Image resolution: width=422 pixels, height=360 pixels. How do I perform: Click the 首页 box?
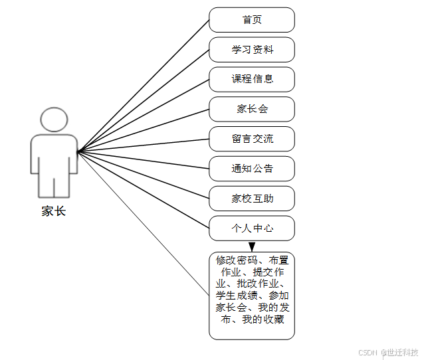(x=252, y=20)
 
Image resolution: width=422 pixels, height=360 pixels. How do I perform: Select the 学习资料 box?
(x=252, y=50)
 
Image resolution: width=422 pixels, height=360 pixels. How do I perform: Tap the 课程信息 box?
(x=252, y=79)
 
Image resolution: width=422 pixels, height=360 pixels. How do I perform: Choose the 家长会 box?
(x=252, y=109)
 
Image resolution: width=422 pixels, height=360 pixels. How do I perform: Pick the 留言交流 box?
(x=252, y=139)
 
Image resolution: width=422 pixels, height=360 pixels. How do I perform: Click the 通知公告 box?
(x=252, y=169)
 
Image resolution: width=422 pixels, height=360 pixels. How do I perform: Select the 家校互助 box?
(x=252, y=198)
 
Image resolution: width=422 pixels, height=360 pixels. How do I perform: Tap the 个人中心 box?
(x=252, y=228)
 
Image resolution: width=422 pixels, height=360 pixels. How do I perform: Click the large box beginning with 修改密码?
(x=252, y=296)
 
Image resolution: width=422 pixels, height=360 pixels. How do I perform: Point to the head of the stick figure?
(x=54, y=120)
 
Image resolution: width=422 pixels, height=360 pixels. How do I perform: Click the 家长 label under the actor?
(x=54, y=211)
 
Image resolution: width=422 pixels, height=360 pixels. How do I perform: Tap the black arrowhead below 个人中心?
(x=252, y=246)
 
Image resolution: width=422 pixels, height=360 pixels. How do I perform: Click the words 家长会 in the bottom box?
(x=231, y=308)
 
